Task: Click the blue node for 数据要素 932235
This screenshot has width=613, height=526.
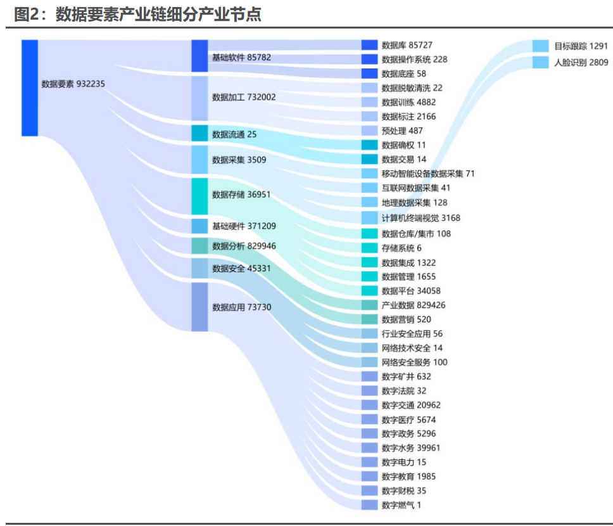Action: click(x=30, y=87)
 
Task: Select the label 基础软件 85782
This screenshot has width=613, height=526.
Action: click(x=241, y=57)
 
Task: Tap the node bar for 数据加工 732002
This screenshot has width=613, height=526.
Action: click(x=199, y=98)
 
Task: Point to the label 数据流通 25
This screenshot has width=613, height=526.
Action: click(x=234, y=134)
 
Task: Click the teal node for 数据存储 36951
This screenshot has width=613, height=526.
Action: click(x=199, y=196)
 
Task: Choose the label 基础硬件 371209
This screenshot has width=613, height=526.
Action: click(x=244, y=226)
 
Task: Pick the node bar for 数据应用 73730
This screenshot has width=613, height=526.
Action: click(x=199, y=307)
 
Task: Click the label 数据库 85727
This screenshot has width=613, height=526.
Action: click(x=407, y=45)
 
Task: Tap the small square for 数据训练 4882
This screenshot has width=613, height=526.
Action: click(x=369, y=102)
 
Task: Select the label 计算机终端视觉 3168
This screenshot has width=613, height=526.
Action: click(x=420, y=217)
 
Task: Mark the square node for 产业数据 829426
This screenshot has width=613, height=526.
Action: click(x=369, y=305)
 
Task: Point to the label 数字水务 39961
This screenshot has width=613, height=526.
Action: click(x=411, y=448)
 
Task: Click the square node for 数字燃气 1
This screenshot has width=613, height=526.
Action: click(x=369, y=505)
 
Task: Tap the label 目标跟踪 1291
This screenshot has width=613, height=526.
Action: click(x=581, y=46)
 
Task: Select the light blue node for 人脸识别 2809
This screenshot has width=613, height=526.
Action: click(x=540, y=62)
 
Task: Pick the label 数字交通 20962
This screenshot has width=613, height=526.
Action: click(x=411, y=405)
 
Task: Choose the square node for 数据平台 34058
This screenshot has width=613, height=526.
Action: click(x=369, y=291)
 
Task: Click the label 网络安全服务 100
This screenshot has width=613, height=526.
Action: click(x=414, y=362)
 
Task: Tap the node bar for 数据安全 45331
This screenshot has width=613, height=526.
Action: click(x=199, y=268)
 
